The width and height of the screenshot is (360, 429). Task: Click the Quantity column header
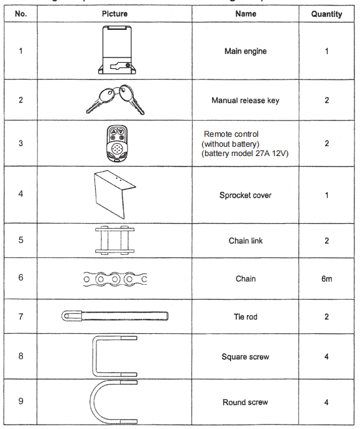(x=326, y=14)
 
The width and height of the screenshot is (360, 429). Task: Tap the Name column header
(x=246, y=14)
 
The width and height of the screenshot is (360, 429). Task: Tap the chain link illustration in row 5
(x=114, y=240)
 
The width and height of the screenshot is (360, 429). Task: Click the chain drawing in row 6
(x=114, y=279)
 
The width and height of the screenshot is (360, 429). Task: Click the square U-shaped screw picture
(x=114, y=356)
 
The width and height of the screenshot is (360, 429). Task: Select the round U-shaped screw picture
(x=116, y=402)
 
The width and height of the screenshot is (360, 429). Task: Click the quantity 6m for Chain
(x=326, y=279)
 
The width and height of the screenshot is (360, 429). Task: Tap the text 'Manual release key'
(x=245, y=100)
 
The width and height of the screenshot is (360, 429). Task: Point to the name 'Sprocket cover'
(x=245, y=195)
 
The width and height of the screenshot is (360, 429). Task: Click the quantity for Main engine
(x=326, y=51)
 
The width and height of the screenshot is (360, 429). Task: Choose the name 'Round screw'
(x=245, y=403)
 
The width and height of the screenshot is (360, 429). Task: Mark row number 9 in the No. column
(x=21, y=401)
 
